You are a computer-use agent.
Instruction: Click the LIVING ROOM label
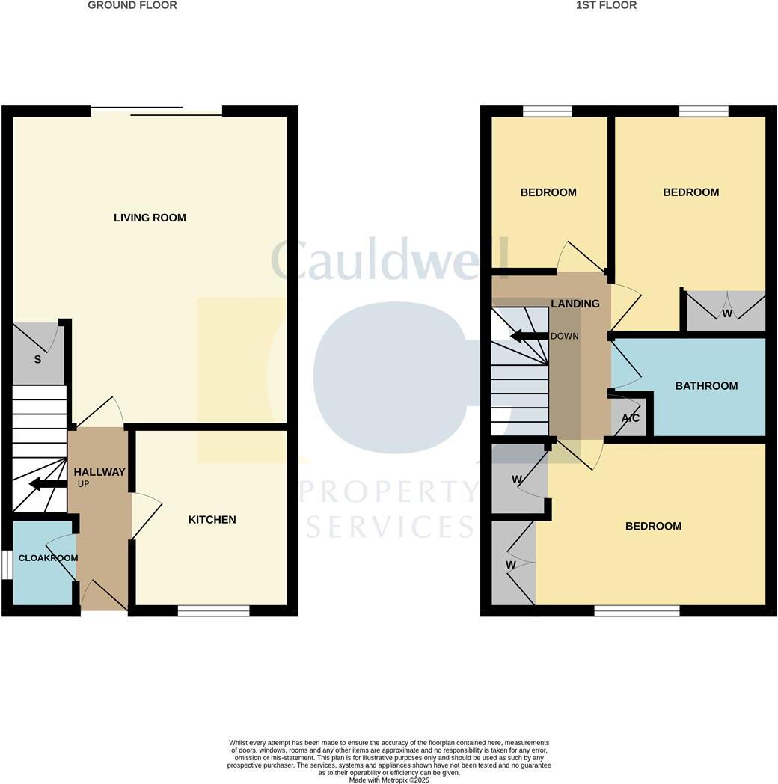tap(150, 218)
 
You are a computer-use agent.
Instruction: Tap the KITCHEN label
tap(212, 519)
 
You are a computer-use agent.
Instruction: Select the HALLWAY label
tap(99, 472)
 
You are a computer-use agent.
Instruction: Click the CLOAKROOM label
tap(48, 558)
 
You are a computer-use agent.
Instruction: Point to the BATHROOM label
tap(706, 386)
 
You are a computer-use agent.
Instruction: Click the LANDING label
tap(575, 304)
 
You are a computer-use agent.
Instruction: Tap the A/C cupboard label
tap(631, 418)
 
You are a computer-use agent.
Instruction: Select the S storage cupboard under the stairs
tap(37, 359)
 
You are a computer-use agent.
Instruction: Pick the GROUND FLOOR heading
tap(132, 5)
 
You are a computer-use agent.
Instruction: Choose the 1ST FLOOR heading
tap(606, 5)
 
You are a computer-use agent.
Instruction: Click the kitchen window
tap(213, 610)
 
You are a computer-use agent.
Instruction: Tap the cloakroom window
tap(7, 564)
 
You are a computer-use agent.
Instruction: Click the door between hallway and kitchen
tap(146, 515)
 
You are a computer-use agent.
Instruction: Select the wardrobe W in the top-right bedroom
tap(726, 313)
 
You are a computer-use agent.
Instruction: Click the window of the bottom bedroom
tap(637, 610)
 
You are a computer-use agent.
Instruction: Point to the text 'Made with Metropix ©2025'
tap(389, 780)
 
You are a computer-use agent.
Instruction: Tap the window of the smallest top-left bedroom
tap(548, 111)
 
